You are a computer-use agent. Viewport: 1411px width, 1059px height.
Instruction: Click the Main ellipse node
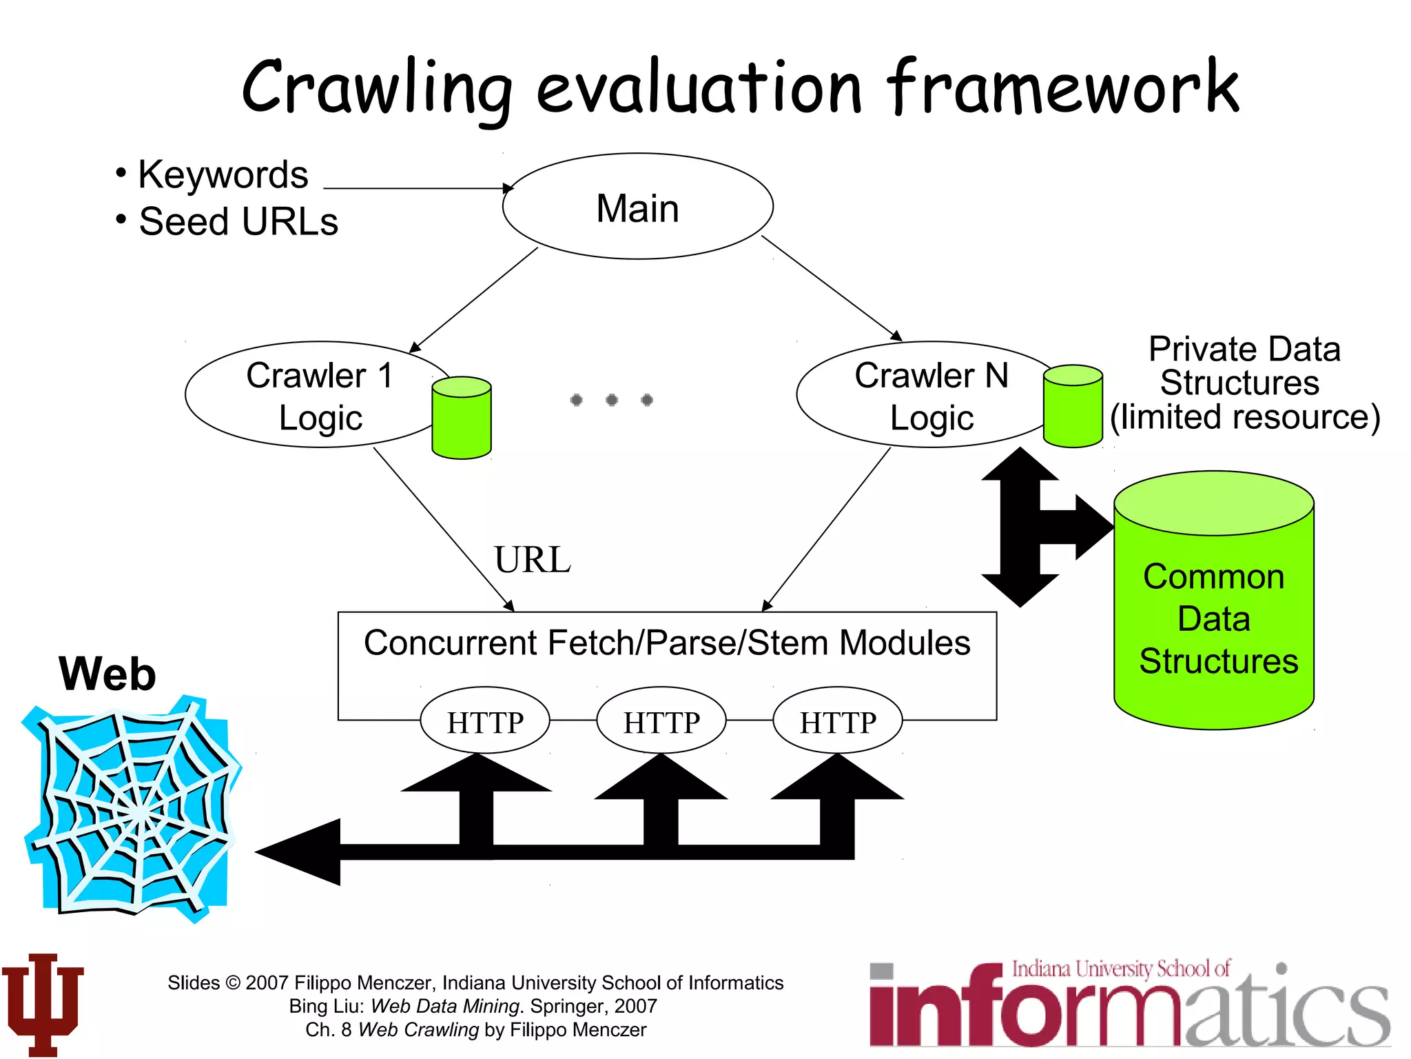(637, 207)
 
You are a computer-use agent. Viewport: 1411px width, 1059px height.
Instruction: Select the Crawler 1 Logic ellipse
(310, 395)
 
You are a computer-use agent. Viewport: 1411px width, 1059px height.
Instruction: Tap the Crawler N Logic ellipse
(923, 395)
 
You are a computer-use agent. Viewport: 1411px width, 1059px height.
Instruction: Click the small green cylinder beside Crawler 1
(462, 418)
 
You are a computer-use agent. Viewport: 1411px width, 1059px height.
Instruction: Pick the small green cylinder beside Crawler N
(1073, 407)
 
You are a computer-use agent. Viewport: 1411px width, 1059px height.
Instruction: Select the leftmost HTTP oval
(485, 721)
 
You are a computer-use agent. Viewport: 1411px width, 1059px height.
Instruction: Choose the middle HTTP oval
(661, 721)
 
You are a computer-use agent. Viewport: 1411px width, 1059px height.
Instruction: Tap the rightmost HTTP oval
(838, 721)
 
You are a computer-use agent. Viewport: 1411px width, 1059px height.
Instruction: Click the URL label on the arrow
(532, 560)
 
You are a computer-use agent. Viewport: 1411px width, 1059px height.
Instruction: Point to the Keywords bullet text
(222, 174)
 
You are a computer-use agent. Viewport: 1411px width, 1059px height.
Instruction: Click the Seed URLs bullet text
(238, 222)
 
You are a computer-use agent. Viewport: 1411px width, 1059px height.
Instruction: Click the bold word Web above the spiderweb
(107, 674)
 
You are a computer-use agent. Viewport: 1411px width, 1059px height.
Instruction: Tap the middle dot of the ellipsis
(612, 400)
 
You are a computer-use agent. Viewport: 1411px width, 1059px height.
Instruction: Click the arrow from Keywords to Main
(417, 188)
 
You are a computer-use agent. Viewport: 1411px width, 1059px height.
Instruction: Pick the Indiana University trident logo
(43, 1003)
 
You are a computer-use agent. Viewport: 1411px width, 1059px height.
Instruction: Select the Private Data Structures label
(1244, 383)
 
